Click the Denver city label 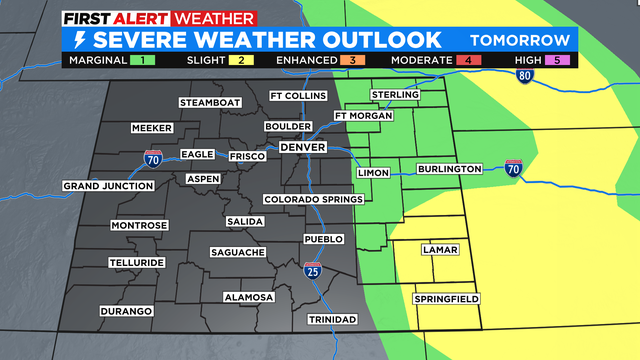click(303, 147)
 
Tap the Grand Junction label click(108, 186)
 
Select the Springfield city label click(446, 299)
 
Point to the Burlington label click(450, 169)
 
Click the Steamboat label click(211, 103)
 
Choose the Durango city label click(125, 312)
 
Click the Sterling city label click(393, 95)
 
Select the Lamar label click(440, 249)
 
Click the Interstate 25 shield click(313, 270)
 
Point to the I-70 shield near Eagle click(149, 158)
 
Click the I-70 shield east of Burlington click(514, 168)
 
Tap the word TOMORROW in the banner click(521, 40)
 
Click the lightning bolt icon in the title click(78, 41)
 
